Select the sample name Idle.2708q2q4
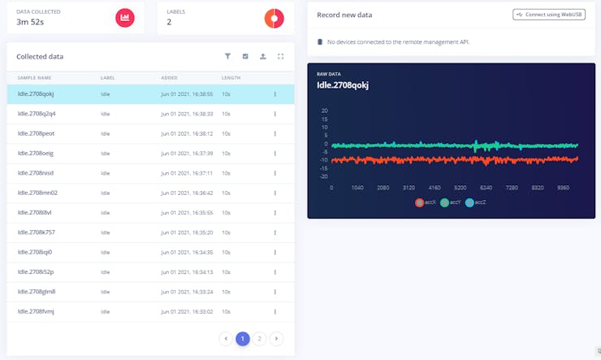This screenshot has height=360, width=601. (x=37, y=114)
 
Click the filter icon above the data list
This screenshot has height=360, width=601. (x=228, y=57)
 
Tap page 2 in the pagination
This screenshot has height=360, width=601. (x=258, y=338)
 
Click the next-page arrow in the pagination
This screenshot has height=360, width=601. (x=276, y=338)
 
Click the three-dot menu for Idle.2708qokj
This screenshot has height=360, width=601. (x=275, y=94)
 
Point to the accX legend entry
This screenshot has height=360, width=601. (x=426, y=202)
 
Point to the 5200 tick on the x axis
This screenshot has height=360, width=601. (x=460, y=187)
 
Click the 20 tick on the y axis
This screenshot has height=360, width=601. (x=325, y=111)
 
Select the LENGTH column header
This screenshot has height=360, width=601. (x=231, y=77)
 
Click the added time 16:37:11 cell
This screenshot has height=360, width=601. (x=187, y=173)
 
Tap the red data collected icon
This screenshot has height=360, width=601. (x=124, y=17)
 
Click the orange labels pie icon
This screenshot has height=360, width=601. (x=275, y=17)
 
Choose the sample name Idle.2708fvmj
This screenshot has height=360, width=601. (x=37, y=311)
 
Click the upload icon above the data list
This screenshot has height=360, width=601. (x=262, y=57)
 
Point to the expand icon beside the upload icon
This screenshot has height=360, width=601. (x=280, y=57)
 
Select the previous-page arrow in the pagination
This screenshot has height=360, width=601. (x=227, y=338)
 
